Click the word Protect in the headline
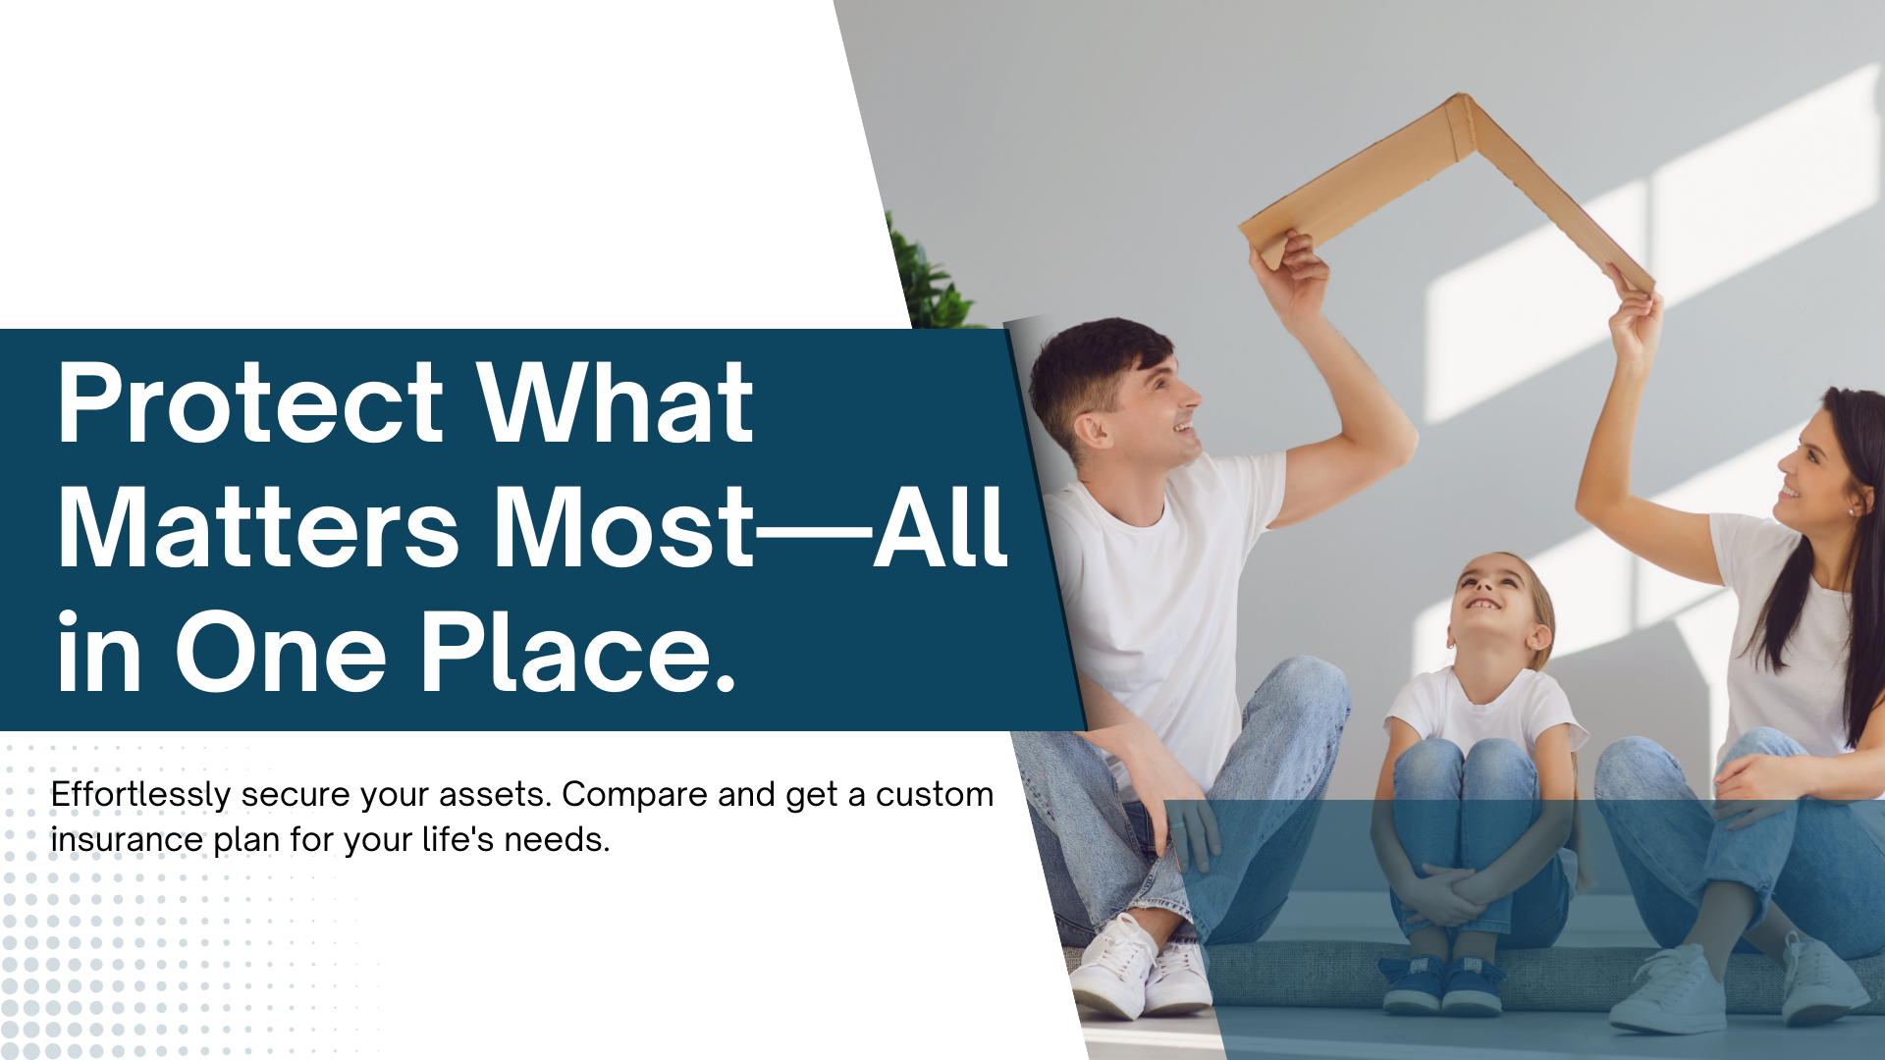pos(250,403)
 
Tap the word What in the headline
pos(616,401)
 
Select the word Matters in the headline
pos(258,527)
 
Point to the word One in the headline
pos(281,652)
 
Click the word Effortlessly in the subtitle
pos(140,795)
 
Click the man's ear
pos(1089,429)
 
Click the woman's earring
pos(1852,511)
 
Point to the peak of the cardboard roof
pos(1463,97)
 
